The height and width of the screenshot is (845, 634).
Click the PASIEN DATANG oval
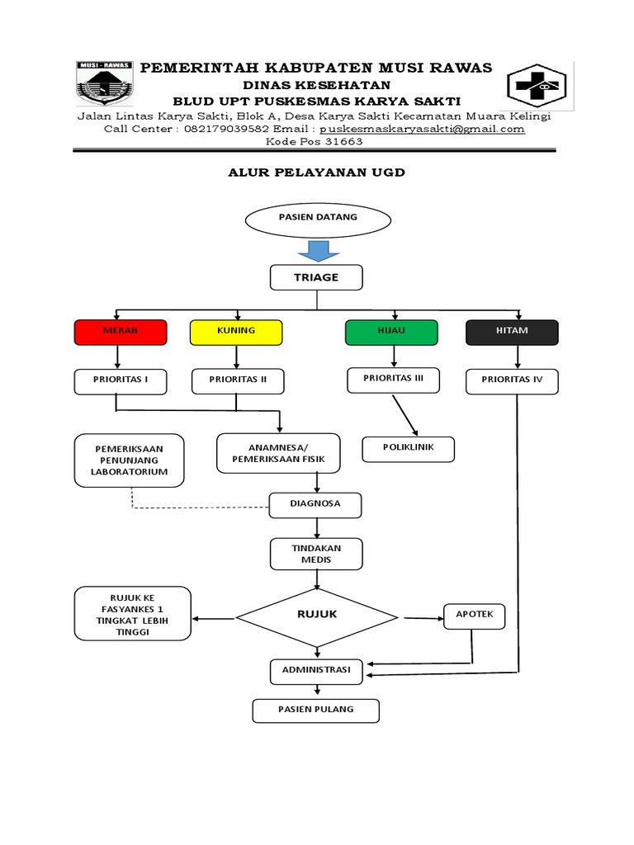(x=317, y=219)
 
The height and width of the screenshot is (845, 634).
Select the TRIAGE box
(x=316, y=277)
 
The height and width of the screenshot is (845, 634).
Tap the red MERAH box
(x=121, y=331)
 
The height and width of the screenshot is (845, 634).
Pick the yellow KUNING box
(x=236, y=331)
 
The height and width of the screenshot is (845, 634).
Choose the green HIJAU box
(x=390, y=331)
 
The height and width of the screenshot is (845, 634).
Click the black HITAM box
(x=512, y=332)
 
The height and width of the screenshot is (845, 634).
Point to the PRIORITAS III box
(x=393, y=380)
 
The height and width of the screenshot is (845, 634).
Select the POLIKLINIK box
(x=409, y=449)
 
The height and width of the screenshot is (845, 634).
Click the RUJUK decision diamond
(x=317, y=616)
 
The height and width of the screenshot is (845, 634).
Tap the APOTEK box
(x=475, y=616)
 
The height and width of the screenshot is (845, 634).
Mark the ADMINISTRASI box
(x=316, y=672)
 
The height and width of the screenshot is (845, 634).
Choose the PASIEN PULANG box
(x=315, y=710)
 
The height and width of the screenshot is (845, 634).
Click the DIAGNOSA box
(x=316, y=503)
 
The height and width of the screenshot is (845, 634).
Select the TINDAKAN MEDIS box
(x=316, y=554)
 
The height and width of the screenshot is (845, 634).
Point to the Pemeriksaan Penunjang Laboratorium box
(x=130, y=460)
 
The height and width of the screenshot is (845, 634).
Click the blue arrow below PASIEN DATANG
(x=317, y=251)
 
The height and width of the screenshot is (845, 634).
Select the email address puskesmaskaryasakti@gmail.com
(x=422, y=129)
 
